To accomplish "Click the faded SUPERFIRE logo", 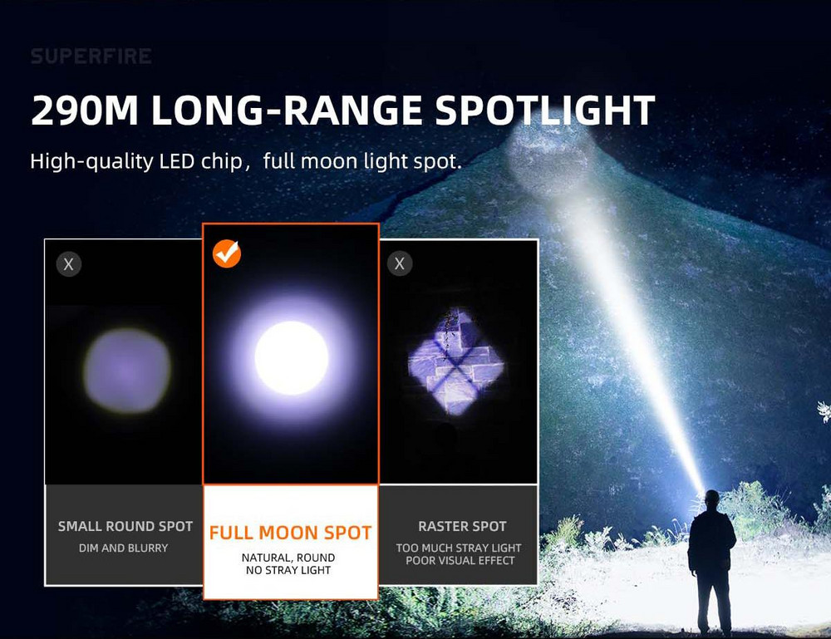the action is (91, 57).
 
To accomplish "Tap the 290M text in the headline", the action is (85, 111).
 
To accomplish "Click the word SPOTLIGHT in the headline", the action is (545, 111).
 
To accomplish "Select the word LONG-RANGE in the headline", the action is (287, 111).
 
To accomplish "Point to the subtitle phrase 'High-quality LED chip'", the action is (136, 161).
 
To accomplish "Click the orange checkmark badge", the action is (227, 253).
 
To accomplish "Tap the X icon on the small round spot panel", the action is (69, 264).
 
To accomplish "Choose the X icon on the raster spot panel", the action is (400, 263).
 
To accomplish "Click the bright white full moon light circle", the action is (292, 358).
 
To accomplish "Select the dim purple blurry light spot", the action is (127, 371).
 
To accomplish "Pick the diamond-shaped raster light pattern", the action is (455, 361).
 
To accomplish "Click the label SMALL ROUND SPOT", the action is (125, 526).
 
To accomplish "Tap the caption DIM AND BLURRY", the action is (124, 548).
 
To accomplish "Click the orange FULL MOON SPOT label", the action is (290, 533).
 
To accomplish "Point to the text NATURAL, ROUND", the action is (288, 558).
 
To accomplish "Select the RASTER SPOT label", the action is (462, 526).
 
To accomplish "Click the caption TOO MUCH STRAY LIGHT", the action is (459, 548).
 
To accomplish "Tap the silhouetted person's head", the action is (712, 498).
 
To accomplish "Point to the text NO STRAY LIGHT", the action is (288, 570).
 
